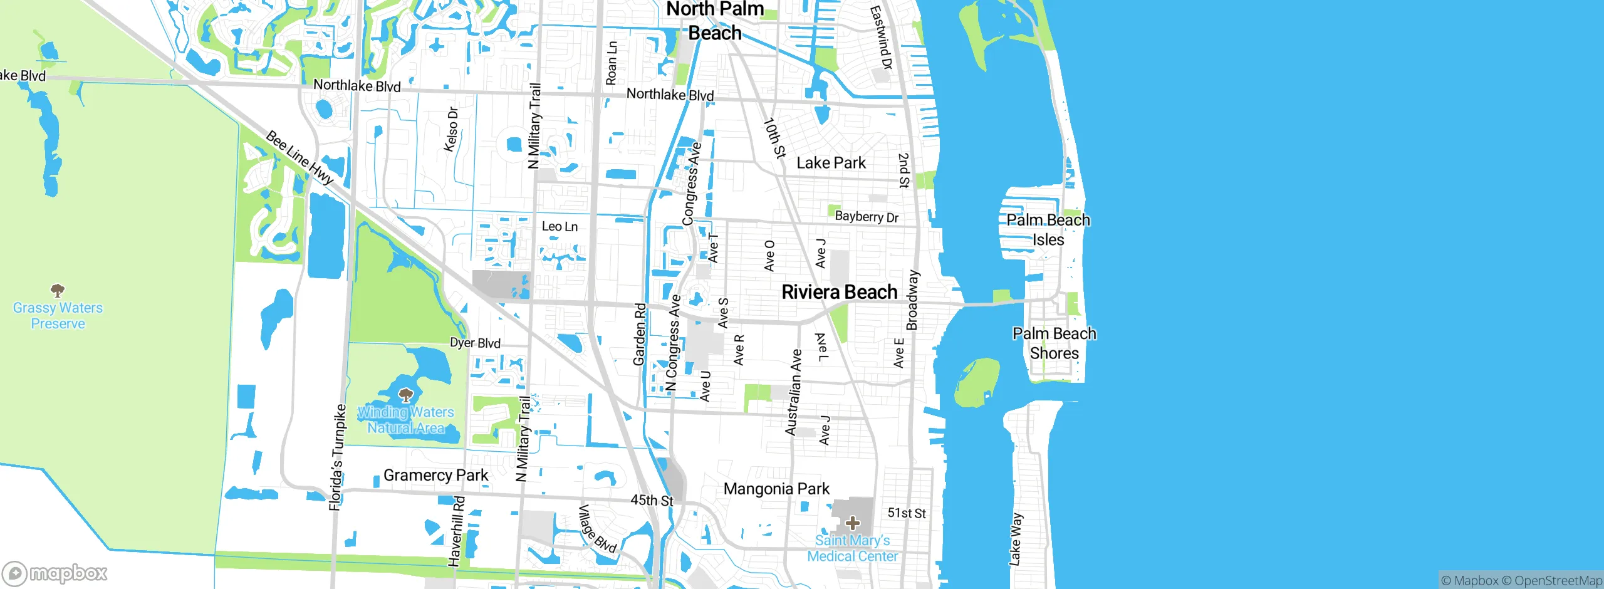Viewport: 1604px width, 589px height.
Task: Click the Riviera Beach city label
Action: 839,292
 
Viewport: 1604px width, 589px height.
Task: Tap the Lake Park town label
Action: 831,163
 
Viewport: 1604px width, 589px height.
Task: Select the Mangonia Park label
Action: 776,489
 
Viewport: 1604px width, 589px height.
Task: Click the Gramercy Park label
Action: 435,476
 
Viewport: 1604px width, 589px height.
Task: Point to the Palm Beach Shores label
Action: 1055,343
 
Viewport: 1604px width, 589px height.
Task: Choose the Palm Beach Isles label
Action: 1048,229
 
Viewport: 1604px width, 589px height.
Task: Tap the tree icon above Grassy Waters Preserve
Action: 58,290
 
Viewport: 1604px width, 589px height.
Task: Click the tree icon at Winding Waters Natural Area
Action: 406,395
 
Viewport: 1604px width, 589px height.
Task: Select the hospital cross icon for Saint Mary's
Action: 852,523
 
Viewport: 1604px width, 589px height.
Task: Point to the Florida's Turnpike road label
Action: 338,457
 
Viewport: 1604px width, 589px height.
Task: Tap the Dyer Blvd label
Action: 475,343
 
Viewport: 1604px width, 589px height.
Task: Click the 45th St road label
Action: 652,501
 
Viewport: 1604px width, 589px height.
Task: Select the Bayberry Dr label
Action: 867,217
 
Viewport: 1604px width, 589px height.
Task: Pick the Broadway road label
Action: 912,300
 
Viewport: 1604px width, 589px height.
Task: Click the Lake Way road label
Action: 1015,539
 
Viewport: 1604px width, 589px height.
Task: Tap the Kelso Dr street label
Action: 451,129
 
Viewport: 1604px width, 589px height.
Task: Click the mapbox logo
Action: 55,573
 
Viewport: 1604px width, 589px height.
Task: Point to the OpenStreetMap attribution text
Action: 1556,581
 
